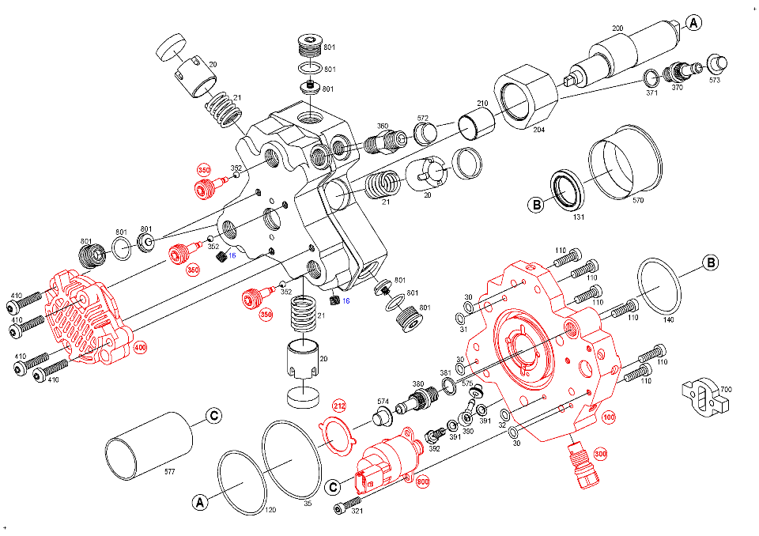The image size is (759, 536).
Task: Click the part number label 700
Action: (726, 391)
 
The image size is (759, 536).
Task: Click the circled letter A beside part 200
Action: (693, 23)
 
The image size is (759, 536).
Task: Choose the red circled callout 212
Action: (339, 407)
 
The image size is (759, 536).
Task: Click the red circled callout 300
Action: (600, 454)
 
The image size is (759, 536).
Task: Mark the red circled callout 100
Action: (609, 417)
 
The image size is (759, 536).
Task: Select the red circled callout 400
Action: (140, 347)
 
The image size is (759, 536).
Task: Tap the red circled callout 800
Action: (422, 480)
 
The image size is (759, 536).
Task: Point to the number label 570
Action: (638, 201)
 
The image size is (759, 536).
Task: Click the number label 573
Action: (715, 80)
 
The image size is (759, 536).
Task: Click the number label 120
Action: (270, 511)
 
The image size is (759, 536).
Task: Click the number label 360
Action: (382, 126)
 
